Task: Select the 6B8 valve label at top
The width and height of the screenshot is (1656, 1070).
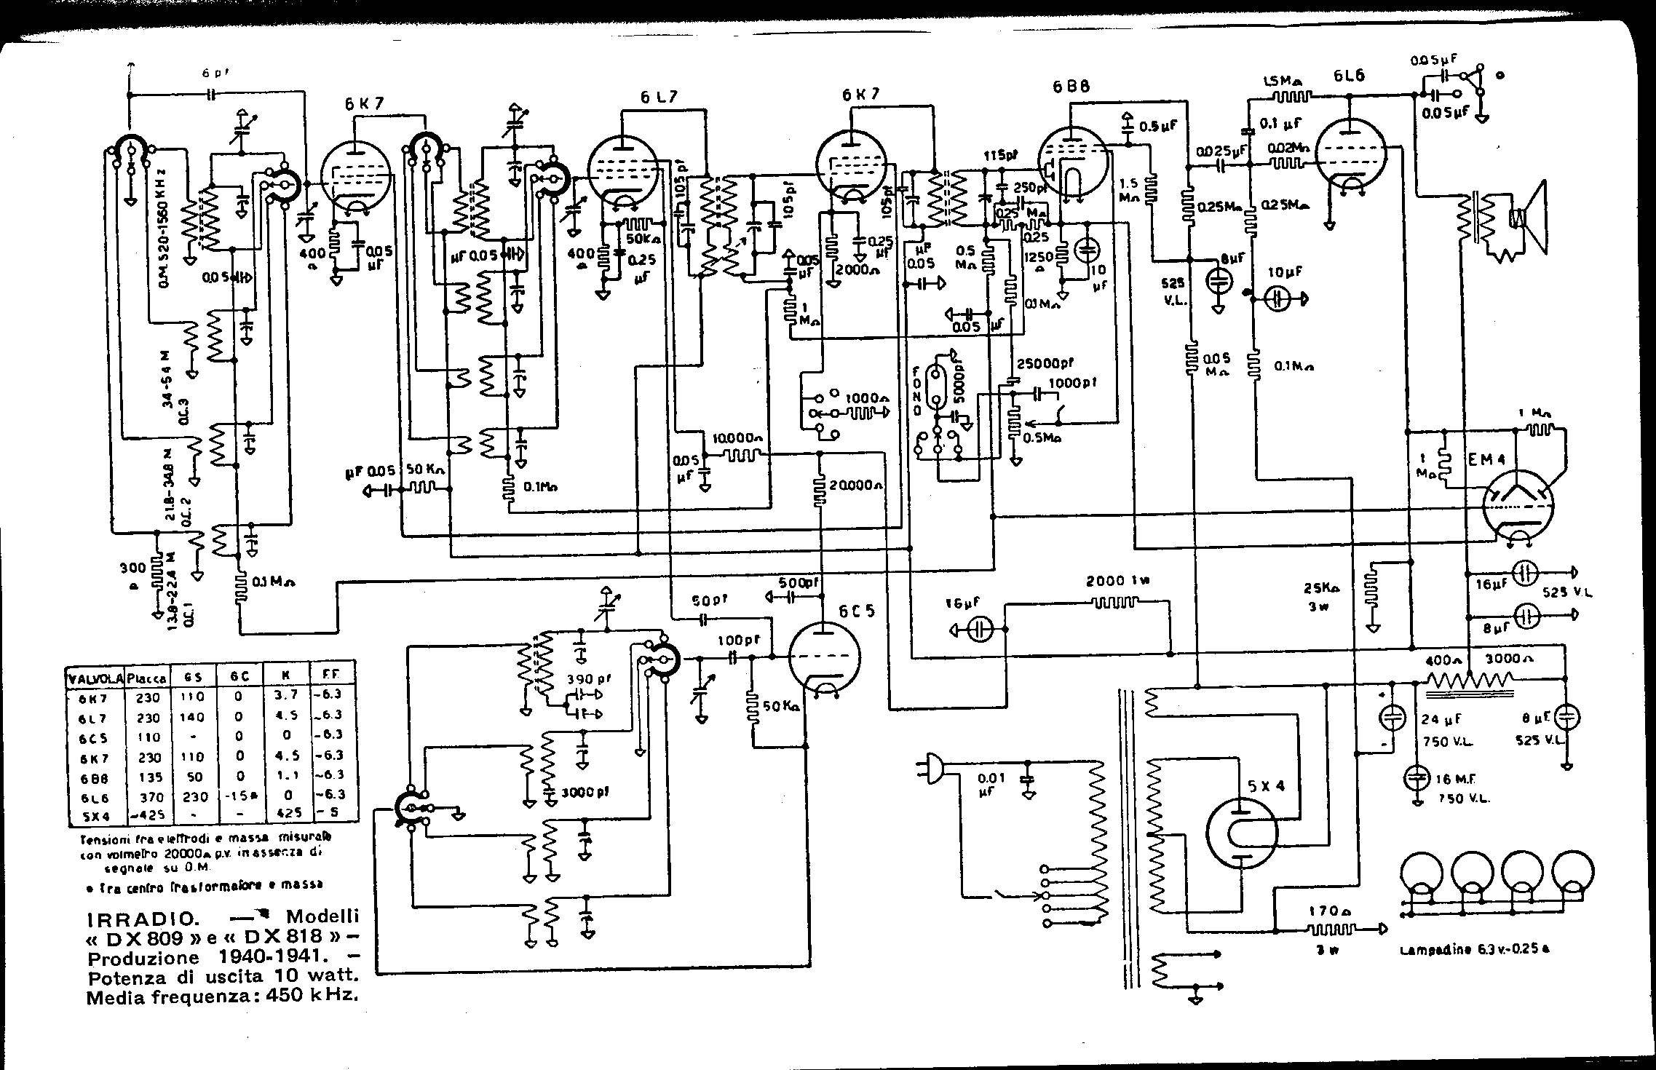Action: pos(1071,87)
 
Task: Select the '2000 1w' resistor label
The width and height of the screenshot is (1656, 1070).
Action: pos(1117,581)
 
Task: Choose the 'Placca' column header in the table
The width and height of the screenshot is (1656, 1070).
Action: pos(146,678)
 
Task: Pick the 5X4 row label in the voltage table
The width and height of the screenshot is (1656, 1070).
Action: pos(95,815)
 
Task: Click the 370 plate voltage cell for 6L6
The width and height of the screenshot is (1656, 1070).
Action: pos(146,795)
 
